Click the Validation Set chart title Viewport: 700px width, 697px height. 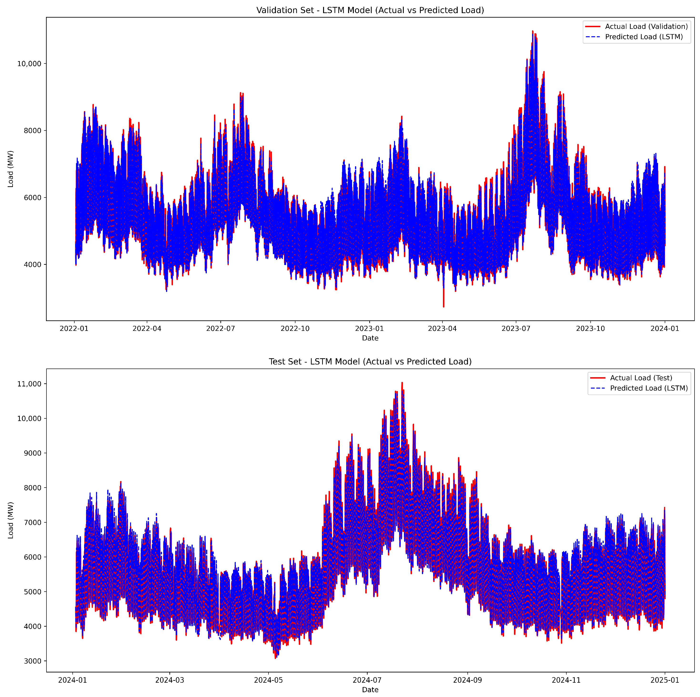pyautogui.click(x=370, y=10)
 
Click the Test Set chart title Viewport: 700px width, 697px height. pyautogui.click(x=370, y=362)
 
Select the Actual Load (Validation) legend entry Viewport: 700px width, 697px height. pyautogui.click(x=646, y=26)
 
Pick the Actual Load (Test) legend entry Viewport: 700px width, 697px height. pyautogui.click(x=641, y=378)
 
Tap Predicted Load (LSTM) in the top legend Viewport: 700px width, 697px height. pyautogui.click(x=644, y=37)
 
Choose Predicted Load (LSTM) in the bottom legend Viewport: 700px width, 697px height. pyautogui.click(x=649, y=388)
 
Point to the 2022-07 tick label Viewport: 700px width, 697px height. pyautogui.click(x=220, y=329)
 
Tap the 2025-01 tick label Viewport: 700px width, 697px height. pyautogui.click(x=664, y=680)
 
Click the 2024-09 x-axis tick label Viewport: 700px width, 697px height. pyautogui.click(x=467, y=680)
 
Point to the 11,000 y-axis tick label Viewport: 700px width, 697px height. pyautogui.click(x=29, y=384)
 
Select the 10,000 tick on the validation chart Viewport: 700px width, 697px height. pyautogui.click(x=29, y=64)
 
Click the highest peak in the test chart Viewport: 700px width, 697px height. pyautogui.click(x=402, y=383)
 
